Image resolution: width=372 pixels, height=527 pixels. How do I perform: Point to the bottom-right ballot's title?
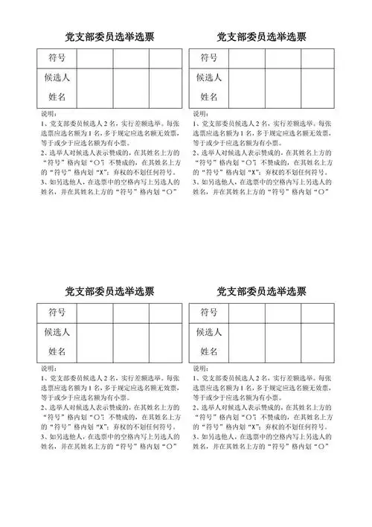tap(262, 290)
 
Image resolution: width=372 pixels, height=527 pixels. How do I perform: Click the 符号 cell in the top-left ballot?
tap(56, 58)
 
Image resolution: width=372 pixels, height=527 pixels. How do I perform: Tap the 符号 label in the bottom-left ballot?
tap(56, 312)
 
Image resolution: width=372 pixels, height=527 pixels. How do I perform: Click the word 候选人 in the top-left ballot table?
tap(56, 77)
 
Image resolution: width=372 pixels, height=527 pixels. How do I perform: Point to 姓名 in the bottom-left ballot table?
tap(56, 351)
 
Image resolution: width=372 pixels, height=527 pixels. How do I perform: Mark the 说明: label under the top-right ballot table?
tap(199, 114)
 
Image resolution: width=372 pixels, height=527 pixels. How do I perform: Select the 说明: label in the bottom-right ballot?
tap(199, 368)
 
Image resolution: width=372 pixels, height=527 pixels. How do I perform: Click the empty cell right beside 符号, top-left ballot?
tap(94, 58)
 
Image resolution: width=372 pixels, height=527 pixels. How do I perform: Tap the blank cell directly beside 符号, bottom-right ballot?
tap(247, 312)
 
